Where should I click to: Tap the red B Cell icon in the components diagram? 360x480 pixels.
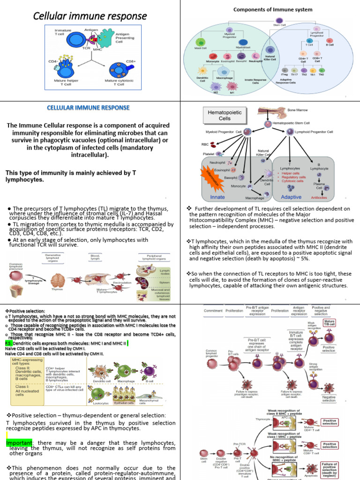330,41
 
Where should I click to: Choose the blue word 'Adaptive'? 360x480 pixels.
291,197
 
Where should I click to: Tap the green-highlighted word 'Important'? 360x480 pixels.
19,443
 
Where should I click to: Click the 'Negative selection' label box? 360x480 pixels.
329,398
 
